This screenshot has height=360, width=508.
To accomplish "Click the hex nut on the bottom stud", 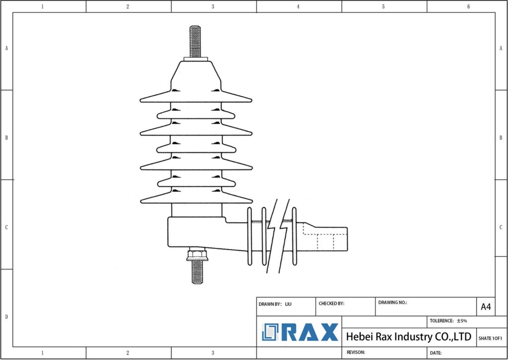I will pyautogui.click(x=197, y=256).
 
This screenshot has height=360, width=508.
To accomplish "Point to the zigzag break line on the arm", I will pyautogui.click(x=278, y=233).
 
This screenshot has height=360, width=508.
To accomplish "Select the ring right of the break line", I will pyautogui.click(x=294, y=235).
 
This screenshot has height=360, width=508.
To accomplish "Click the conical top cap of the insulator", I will pyautogui.click(x=196, y=74).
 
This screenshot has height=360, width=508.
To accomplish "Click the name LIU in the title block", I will pyautogui.click(x=289, y=303).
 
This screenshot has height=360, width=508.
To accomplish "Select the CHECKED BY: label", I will pyautogui.click(x=331, y=303).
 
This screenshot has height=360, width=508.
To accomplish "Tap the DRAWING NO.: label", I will pyautogui.click(x=392, y=302).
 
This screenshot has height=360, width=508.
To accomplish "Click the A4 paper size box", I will pyautogui.click(x=486, y=307).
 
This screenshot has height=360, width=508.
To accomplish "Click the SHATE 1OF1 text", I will pyautogui.click(x=490, y=338).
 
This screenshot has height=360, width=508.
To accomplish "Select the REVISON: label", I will pyautogui.click(x=356, y=352).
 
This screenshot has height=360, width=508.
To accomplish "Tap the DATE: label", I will pyautogui.click(x=436, y=353).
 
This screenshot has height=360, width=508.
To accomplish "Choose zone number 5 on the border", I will pyautogui.click(x=383, y=6).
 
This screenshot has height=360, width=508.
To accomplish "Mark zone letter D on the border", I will pyautogui.click(x=6, y=317).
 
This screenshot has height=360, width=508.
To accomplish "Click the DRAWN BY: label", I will pyautogui.click(x=270, y=303).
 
